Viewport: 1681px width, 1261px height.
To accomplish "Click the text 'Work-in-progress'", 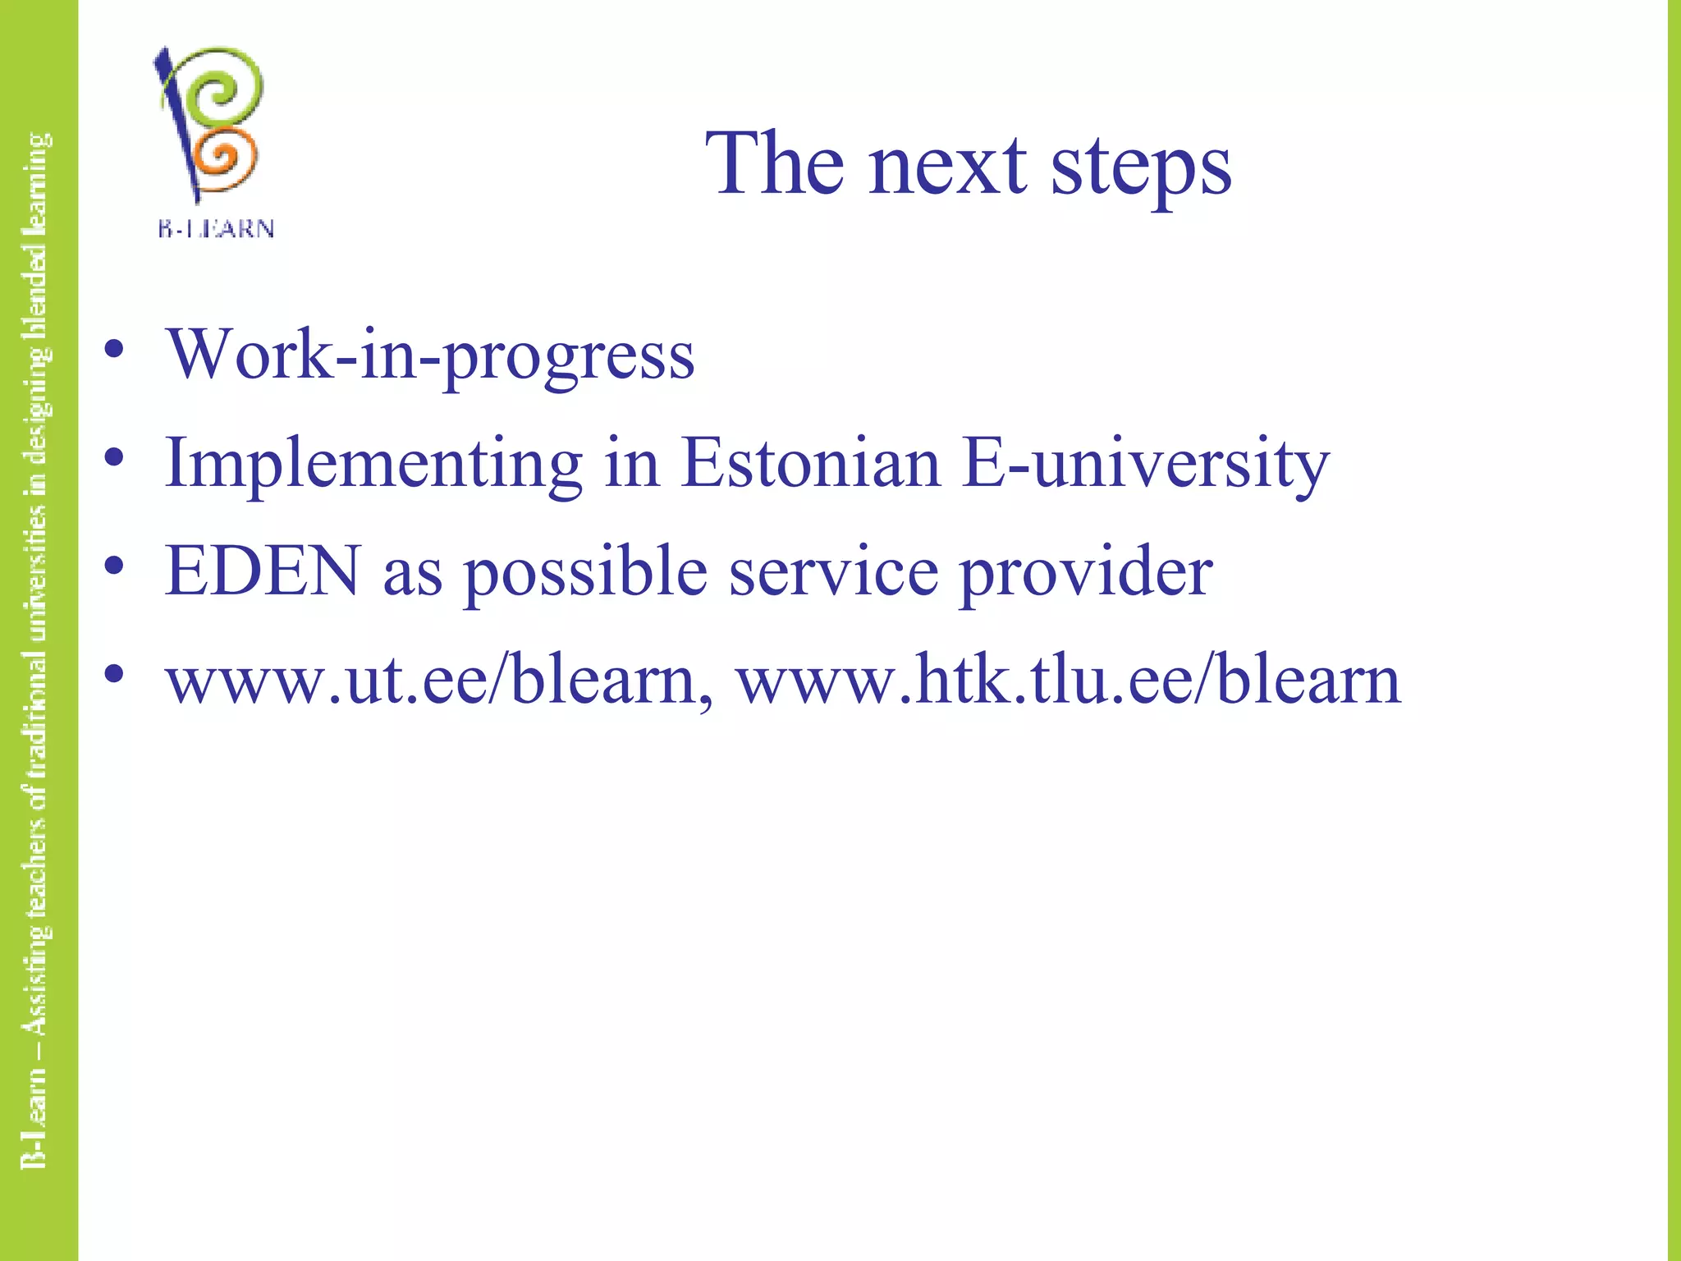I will coord(431,355).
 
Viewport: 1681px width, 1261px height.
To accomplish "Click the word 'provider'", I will coord(1086,573).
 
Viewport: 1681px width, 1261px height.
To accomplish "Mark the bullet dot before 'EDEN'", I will coord(114,566).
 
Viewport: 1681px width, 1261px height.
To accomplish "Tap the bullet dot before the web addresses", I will coord(114,674).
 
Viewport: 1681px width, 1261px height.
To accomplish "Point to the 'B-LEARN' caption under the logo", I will coord(216,229).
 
